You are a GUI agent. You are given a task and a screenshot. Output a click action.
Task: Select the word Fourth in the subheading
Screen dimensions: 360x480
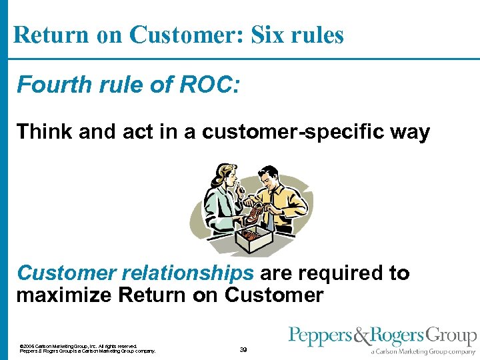[x=47, y=85]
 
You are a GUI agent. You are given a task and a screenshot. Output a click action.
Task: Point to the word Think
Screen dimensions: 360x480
[x=45, y=131]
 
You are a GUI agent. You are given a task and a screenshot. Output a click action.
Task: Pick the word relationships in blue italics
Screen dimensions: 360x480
[x=189, y=273]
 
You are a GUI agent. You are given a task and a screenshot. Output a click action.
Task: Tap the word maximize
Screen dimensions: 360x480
[x=64, y=295]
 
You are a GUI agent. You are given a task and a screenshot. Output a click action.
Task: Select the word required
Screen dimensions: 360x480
[x=337, y=273]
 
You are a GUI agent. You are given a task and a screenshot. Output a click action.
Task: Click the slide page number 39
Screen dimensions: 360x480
[x=243, y=349]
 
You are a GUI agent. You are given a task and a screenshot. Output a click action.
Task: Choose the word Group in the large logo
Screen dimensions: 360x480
[x=453, y=336]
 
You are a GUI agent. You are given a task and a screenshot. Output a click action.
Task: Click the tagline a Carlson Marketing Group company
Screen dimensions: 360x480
[x=424, y=351]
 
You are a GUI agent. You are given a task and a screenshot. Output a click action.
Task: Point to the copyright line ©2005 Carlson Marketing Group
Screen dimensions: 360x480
[x=79, y=346]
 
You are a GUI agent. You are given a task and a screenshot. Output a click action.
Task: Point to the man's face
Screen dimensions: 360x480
[x=267, y=179]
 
